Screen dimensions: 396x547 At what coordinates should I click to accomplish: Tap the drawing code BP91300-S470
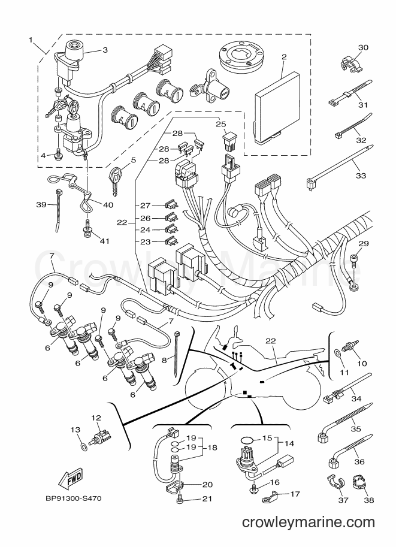(x=73, y=498)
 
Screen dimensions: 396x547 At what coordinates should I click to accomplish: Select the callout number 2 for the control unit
(x=284, y=56)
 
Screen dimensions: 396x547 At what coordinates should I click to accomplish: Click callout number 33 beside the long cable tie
(x=361, y=175)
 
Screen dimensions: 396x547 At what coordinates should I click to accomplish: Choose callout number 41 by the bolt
(x=104, y=241)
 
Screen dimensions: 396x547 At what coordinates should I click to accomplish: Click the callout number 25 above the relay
(x=220, y=124)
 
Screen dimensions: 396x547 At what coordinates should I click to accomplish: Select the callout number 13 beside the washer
(x=75, y=430)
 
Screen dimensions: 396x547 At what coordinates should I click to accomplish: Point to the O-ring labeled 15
(x=247, y=439)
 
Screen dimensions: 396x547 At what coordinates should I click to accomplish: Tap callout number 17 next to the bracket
(x=295, y=494)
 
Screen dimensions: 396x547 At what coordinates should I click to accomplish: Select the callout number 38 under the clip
(x=369, y=500)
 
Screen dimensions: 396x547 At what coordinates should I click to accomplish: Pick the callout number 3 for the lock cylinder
(x=105, y=50)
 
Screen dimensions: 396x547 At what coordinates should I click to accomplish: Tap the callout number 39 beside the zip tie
(x=41, y=204)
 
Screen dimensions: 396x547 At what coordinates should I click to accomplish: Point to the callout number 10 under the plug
(x=362, y=364)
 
